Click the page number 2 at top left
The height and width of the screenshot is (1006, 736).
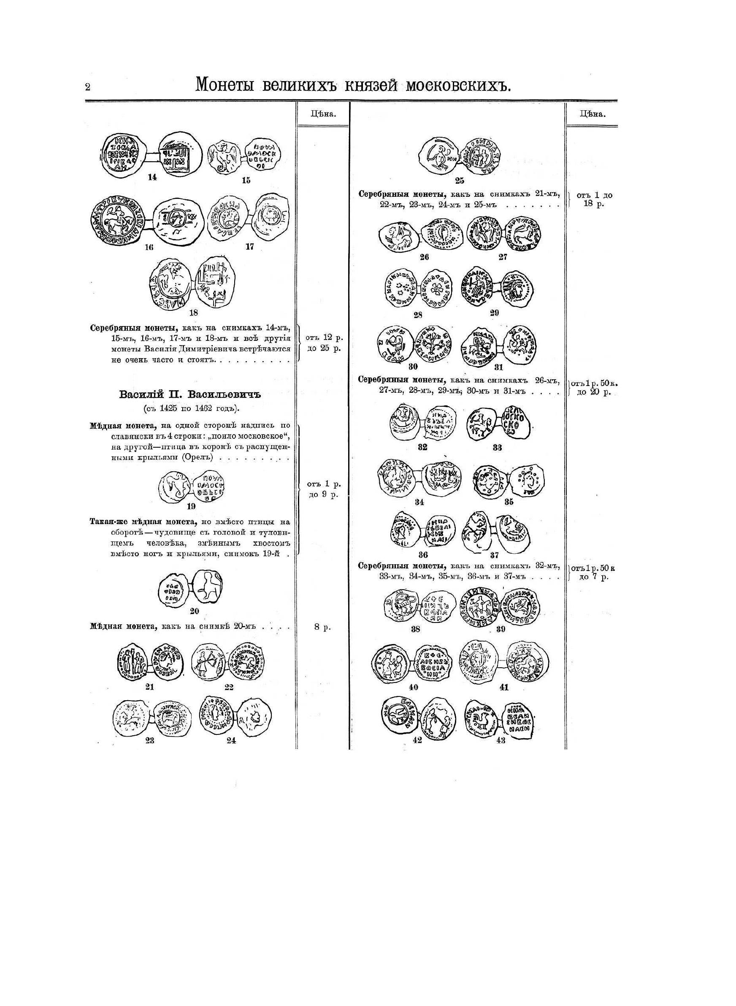[x=88, y=87]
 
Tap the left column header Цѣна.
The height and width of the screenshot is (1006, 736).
[x=323, y=114]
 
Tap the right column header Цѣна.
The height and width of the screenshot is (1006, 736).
[x=592, y=114]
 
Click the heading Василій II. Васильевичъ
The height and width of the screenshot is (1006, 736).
[x=189, y=394]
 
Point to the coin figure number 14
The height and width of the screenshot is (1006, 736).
[x=152, y=177]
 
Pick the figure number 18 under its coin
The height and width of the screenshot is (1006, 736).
[x=194, y=313]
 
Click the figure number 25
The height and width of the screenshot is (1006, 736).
[x=460, y=180]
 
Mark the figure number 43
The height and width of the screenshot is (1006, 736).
[x=501, y=740]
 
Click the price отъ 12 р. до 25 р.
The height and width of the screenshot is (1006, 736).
[x=324, y=343]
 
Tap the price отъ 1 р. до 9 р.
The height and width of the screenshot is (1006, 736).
[x=324, y=489]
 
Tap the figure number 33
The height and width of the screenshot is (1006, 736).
[x=497, y=448]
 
